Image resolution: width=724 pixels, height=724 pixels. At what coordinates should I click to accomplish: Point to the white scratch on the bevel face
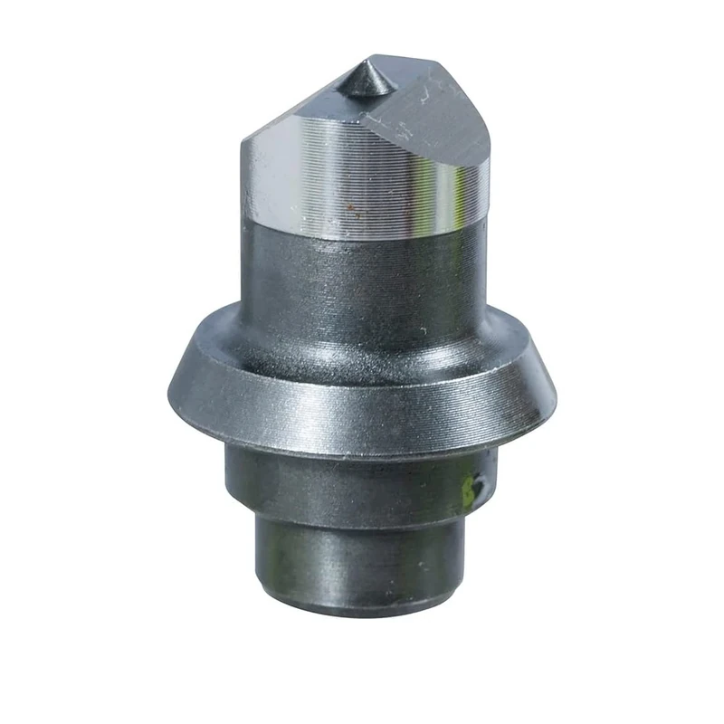(x=425, y=90)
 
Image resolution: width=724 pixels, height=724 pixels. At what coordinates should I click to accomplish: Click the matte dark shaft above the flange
(x=362, y=281)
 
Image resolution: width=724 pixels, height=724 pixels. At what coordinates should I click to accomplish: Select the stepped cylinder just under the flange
(x=353, y=480)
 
